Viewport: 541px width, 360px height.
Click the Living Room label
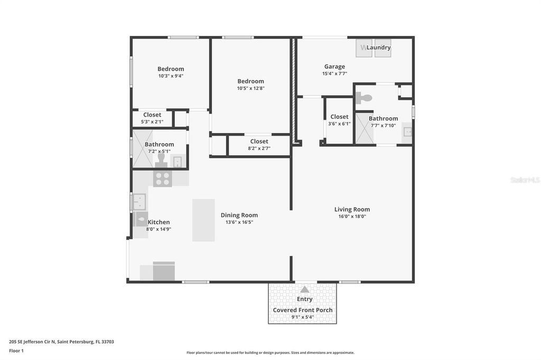click(352, 210)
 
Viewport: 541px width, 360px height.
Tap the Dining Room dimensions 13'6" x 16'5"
click(239, 222)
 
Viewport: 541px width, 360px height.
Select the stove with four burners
click(162, 179)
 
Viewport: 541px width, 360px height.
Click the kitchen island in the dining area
click(203, 220)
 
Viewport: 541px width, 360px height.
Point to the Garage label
click(334, 67)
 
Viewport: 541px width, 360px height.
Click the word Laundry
click(379, 48)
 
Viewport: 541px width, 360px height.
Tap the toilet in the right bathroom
click(364, 98)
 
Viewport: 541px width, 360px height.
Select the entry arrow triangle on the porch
click(305, 289)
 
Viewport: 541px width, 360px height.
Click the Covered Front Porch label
click(303, 310)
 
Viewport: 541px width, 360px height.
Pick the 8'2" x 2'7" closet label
click(259, 141)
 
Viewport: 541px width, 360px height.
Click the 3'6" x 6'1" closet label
click(339, 117)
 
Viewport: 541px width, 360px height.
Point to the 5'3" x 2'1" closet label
click(152, 115)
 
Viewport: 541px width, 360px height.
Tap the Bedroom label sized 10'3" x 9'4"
click(171, 69)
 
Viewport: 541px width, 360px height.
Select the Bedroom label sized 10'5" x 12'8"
click(250, 81)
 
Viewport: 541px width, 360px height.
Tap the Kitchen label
click(158, 222)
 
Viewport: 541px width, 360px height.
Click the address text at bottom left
click(61, 342)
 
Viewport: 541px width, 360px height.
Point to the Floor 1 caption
click(16, 350)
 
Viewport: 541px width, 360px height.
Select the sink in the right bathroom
click(407, 131)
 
